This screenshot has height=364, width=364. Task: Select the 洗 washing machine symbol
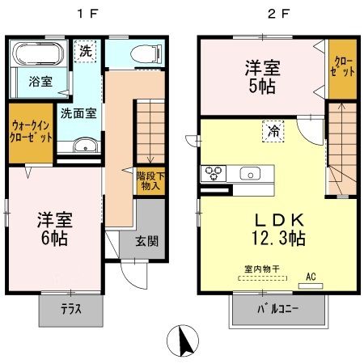86,51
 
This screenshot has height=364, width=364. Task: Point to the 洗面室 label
77,113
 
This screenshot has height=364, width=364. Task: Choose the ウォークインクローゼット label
31,132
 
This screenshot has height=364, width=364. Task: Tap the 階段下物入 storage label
148,179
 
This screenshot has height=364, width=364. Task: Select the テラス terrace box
70,307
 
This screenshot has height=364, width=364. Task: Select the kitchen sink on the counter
251,173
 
